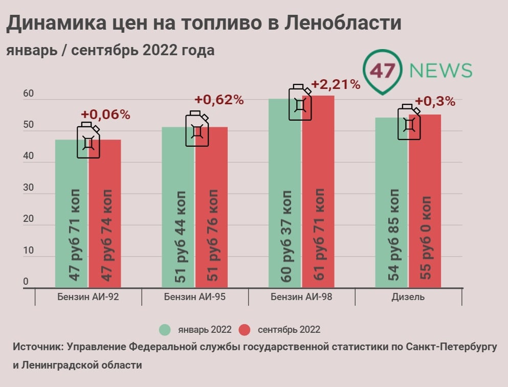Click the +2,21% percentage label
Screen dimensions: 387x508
[336, 84]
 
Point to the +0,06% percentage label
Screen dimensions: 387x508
[105, 115]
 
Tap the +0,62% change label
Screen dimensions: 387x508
[219, 100]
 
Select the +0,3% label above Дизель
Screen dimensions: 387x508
[435, 101]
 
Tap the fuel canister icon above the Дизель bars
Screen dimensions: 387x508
[409, 122]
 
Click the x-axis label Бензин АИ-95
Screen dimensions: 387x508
[195, 297]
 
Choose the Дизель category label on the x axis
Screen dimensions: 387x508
[408, 297]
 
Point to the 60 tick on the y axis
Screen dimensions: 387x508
[28, 94]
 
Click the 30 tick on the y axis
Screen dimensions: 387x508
[28, 188]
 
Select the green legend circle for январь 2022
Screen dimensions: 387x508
[164, 330]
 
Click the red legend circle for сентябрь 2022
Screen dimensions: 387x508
[245, 330]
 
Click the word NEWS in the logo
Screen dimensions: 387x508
[441, 71]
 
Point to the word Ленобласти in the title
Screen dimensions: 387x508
[342, 24]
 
